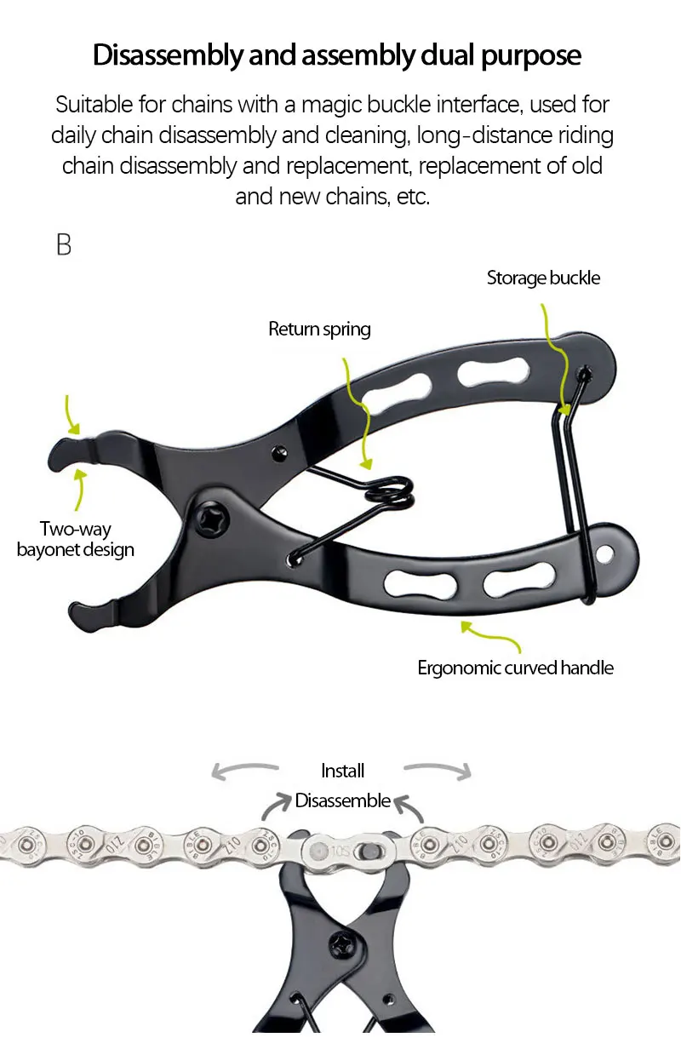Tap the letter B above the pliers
[64, 245]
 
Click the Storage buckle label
[543, 278]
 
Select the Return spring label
[319, 329]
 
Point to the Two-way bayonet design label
[75, 539]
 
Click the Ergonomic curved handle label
[515, 668]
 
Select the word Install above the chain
[342, 771]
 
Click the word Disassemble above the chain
[342, 800]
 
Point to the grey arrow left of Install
[244, 770]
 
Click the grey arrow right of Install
[438, 770]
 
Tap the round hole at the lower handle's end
[604, 553]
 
